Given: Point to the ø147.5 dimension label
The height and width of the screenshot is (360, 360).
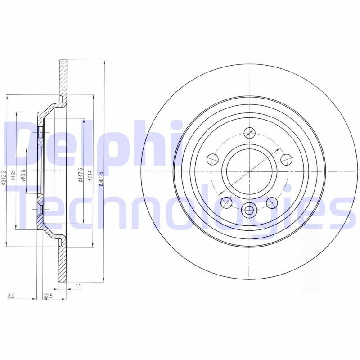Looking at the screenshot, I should (x=81, y=175).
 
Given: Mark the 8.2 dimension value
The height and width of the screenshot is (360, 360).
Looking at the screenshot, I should (x=11, y=296).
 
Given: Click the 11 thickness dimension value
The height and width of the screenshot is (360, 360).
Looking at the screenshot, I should (x=78, y=286).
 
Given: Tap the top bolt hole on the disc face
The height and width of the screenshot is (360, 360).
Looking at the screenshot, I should (x=249, y=133).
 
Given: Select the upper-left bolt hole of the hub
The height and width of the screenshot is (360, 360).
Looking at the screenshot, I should (x=212, y=159).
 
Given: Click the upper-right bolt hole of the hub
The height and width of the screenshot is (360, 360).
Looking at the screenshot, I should (x=286, y=159).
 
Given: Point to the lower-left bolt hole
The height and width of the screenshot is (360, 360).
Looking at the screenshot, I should (x=226, y=202).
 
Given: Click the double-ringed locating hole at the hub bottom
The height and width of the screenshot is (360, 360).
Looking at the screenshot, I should (x=249, y=210).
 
